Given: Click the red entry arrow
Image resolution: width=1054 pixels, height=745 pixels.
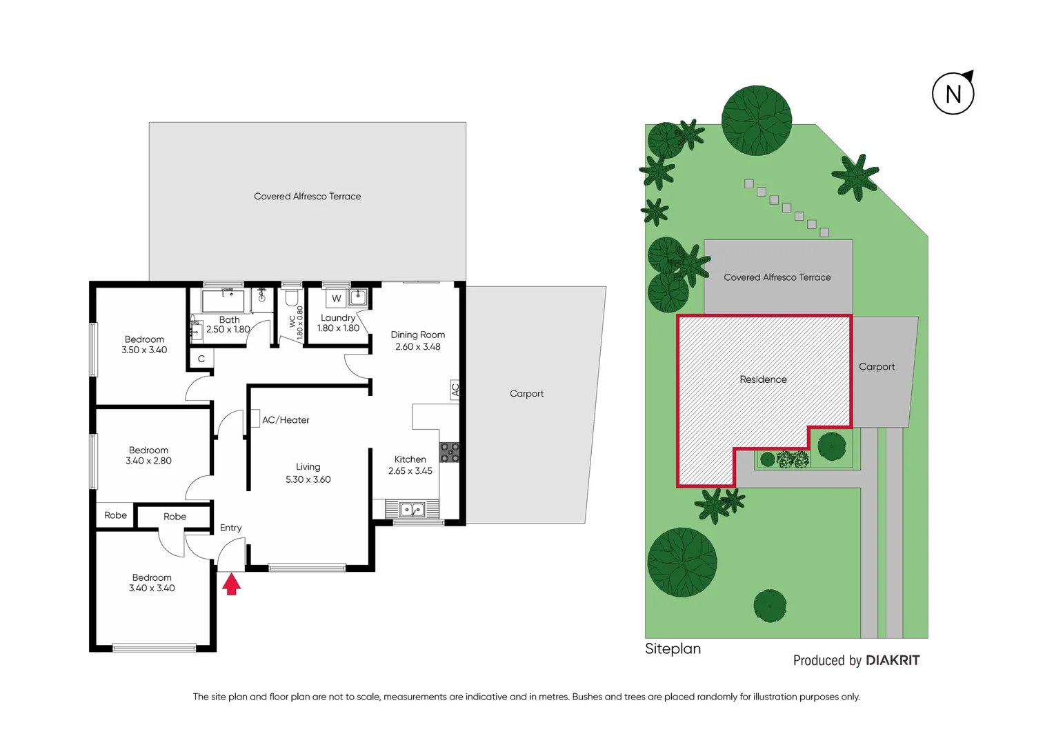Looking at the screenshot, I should point(232,584).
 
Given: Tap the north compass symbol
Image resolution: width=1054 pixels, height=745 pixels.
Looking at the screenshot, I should point(953,93).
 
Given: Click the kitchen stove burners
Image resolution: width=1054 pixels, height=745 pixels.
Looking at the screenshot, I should point(450,453).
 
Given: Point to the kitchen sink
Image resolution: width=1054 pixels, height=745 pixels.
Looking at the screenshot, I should point(412,510).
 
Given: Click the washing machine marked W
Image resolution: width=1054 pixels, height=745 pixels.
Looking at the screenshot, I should point(336,299).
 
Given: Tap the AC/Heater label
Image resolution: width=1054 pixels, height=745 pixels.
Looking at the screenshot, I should point(286,420).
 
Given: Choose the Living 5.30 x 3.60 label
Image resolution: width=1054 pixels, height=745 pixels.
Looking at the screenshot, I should point(308,473).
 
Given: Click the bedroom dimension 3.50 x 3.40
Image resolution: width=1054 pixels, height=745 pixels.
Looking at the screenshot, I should point(144,350).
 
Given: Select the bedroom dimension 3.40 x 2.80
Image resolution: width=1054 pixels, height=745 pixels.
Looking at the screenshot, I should point(148,461).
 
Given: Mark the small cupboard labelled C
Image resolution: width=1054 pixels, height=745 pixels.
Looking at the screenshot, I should point(201,359).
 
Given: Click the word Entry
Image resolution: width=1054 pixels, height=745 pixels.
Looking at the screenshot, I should point(230,528).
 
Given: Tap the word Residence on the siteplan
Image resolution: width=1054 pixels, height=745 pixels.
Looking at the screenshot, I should point(763,379).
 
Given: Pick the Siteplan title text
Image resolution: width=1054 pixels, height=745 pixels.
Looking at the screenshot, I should point(673,648).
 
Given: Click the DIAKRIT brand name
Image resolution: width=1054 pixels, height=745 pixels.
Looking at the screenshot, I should point(893,660).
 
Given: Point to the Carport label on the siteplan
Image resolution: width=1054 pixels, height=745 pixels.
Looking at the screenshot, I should point(877,367).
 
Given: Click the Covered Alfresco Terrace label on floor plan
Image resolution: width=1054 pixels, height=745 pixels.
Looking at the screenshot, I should point(307,197).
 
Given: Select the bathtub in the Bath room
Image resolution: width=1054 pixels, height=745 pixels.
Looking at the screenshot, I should point(223,301).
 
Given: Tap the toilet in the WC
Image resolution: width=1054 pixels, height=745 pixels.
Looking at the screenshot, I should point(291,298).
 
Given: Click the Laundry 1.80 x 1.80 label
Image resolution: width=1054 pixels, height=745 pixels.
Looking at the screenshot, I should point(338,323).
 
